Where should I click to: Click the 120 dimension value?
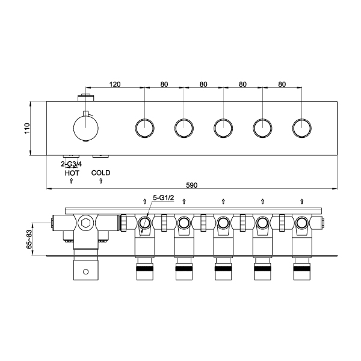(x=115, y=84)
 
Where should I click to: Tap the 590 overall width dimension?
(x=191, y=185)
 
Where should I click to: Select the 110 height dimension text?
(x=27, y=128)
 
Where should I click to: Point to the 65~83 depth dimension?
(x=29, y=239)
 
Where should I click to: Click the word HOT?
(x=72, y=173)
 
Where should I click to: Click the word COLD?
(x=100, y=173)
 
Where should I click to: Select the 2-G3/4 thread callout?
(x=71, y=164)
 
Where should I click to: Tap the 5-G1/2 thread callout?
(x=164, y=197)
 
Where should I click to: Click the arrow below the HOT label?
(x=72, y=180)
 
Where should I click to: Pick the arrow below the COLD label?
(x=100, y=180)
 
